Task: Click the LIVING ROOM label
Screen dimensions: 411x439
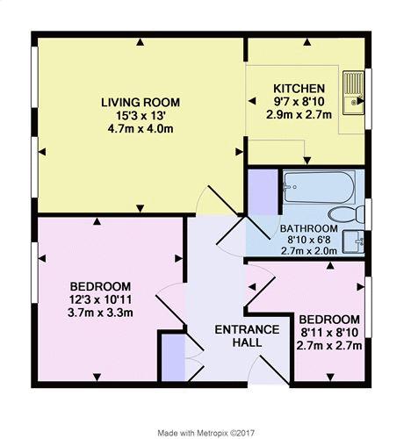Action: (x=141, y=103)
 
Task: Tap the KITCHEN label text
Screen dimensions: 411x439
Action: (x=299, y=88)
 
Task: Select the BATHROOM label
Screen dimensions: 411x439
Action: (x=309, y=228)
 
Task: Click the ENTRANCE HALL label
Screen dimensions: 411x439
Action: (x=247, y=335)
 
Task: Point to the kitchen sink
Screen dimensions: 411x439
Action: (x=354, y=92)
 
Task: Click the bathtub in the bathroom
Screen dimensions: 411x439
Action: (x=320, y=187)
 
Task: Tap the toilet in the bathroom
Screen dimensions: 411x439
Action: (x=346, y=215)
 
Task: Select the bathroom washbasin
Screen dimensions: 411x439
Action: (x=354, y=241)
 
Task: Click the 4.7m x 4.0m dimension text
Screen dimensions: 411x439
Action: (x=141, y=129)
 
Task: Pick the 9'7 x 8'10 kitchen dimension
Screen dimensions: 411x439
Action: (x=299, y=102)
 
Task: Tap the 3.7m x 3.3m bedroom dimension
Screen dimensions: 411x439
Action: (x=100, y=313)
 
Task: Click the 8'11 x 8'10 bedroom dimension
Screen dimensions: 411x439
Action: (x=329, y=332)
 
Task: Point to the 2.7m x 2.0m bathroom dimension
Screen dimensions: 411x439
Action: (x=309, y=251)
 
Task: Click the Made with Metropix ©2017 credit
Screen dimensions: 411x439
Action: (x=206, y=433)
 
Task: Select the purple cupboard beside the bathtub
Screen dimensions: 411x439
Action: (x=263, y=192)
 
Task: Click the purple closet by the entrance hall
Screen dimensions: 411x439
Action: (x=173, y=357)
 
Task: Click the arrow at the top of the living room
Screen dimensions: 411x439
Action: (x=141, y=43)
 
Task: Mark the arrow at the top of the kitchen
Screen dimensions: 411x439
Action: (x=306, y=43)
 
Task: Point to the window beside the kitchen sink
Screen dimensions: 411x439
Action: (x=368, y=98)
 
